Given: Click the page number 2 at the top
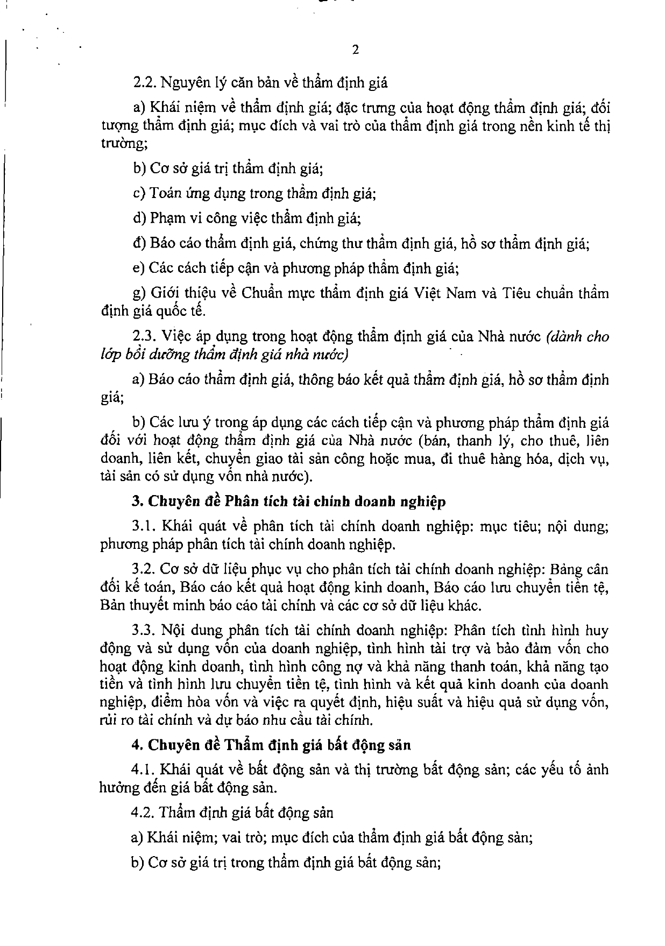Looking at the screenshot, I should pyautogui.click(x=355, y=51).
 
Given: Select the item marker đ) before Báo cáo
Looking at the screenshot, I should pyautogui.click(x=138, y=244).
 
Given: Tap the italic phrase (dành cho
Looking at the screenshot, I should pyautogui.click(x=577, y=337).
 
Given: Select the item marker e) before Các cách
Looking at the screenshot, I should pyautogui.click(x=138, y=269).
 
